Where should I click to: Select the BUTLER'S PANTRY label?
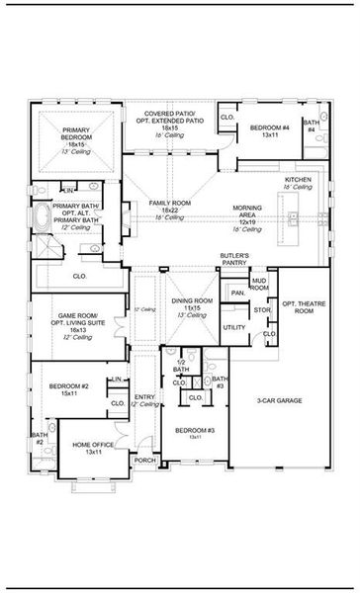tap(234, 260)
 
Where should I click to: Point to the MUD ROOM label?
tap(259, 284)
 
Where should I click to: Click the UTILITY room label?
tap(234, 326)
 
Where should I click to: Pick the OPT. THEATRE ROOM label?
tap(298, 306)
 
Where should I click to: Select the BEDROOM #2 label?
tap(77, 389)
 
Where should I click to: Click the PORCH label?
tap(145, 460)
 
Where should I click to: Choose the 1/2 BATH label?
tap(181, 366)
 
